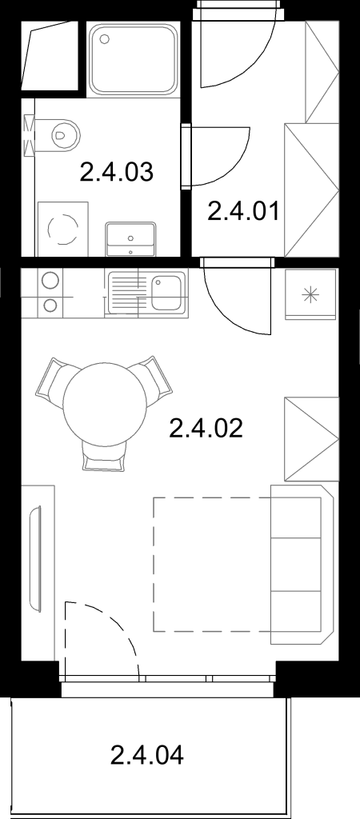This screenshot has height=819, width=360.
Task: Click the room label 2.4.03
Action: point(117,172)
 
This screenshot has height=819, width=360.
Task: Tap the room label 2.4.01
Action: point(243,211)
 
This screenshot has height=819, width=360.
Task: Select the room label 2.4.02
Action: point(206,429)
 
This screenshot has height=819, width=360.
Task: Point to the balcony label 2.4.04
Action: point(147,755)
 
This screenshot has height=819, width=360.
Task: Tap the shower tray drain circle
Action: point(105,38)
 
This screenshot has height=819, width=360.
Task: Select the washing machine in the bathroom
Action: point(62,229)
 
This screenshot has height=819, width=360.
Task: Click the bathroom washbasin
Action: point(130,239)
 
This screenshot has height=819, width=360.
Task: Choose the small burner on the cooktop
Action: point(50,305)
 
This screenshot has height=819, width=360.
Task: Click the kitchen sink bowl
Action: point(166,293)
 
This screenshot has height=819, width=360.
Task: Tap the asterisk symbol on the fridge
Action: point(310,295)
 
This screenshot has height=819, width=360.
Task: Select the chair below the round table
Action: point(105,455)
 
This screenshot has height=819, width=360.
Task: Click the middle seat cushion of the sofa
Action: point(296,565)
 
